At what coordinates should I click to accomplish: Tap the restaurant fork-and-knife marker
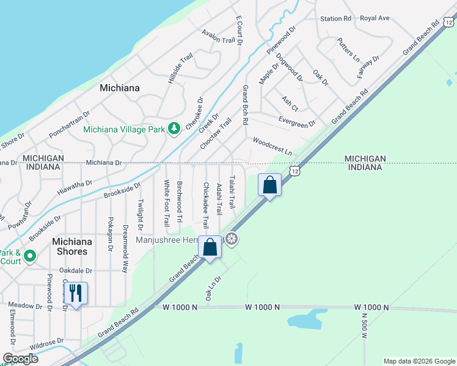pos(75,293)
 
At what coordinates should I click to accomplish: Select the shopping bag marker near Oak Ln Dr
pos(210,248)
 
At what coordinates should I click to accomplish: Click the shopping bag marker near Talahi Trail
pos(269,184)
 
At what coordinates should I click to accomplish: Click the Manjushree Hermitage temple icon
pos(231,239)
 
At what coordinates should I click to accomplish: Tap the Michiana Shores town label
pos(72,247)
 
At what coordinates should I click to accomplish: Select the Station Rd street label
pos(335,19)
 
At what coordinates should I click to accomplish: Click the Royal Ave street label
pos(375,18)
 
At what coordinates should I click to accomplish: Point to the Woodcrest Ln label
pos(272,146)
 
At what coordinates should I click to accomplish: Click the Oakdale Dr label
pos(76,270)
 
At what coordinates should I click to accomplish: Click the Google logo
pos(20,359)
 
